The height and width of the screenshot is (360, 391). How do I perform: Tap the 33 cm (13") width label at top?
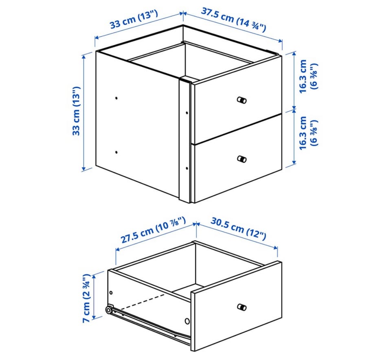[134, 20]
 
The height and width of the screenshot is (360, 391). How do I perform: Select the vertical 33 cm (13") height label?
[76, 111]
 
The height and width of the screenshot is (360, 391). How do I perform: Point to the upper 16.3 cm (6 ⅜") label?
[308, 76]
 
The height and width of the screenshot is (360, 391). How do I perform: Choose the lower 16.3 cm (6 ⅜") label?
[308, 133]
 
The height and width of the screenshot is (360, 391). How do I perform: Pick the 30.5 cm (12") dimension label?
[238, 229]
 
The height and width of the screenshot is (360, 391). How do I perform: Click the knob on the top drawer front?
[242, 100]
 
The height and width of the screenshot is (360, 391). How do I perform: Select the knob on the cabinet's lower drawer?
[242, 159]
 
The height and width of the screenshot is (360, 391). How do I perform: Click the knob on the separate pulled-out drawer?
[242, 307]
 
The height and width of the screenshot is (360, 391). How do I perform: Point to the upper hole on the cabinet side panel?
[116, 98]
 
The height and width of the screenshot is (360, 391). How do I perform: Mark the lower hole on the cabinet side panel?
[116, 152]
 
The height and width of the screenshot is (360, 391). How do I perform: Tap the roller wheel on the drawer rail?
[109, 310]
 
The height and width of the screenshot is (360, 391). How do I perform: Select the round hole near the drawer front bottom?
[187, 321]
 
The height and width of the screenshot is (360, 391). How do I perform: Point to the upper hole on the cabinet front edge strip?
[187, 113]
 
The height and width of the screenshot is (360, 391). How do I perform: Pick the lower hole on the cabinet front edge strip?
[187, 169]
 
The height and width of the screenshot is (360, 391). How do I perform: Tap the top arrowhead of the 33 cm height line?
[83, 56]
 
